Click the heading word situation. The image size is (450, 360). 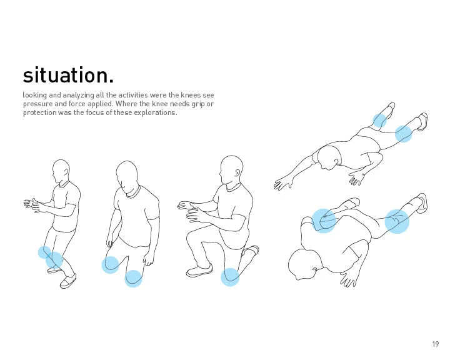point(68,75)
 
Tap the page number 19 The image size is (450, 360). point(435,344)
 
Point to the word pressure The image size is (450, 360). point(37,104)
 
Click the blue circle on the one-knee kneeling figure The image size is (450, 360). point(230,277)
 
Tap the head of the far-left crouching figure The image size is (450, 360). point(61,171)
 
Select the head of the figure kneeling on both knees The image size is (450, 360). point(127,176)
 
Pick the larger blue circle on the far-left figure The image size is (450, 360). point(54,260)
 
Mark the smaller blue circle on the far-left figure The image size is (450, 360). point(44,252)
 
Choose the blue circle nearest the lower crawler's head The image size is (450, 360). point(324,220)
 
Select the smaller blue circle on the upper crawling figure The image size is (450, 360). point(379,120)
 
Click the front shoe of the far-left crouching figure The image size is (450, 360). point(67,281)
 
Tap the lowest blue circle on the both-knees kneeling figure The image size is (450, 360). point(133,278)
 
